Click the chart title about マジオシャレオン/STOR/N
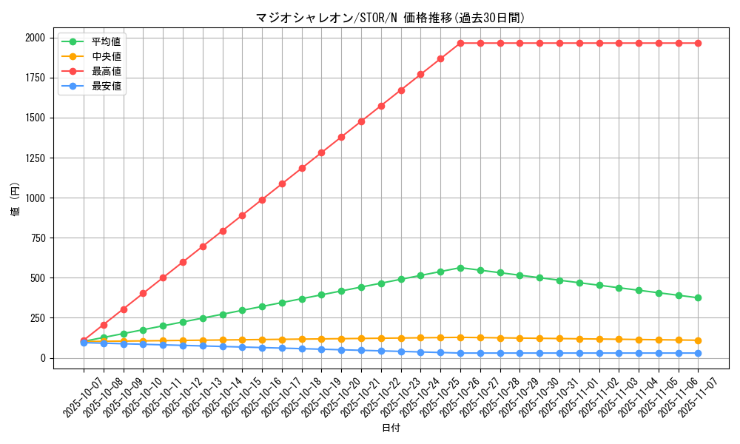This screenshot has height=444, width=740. pyautogui.click(x=390, y=18)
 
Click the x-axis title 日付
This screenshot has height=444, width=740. pyautogui.click(x=390, y=428)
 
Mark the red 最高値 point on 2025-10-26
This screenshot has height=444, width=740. pyautogui.click(x=460, y=43)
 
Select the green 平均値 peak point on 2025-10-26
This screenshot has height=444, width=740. pyautogui.click(x=460, y=268)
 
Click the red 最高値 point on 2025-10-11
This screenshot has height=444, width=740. pyautogui.click(x=163, y=277)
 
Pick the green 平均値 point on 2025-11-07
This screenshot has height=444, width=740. pyautogui.click(x=698, y=297)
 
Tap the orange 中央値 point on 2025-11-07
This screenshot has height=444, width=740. pyautogui.click(x=698, y=340)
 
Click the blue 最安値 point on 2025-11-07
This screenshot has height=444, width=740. pyautogui.click(x=698, y=353)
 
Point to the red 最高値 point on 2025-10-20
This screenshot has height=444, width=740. pyautogui.click(x=341, y=137)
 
